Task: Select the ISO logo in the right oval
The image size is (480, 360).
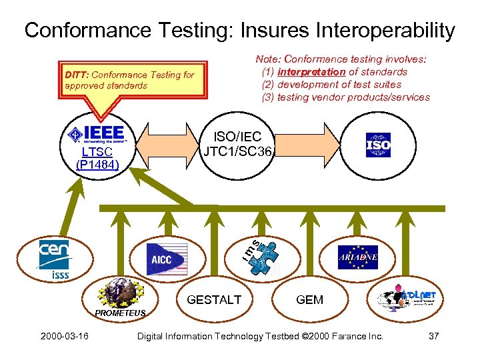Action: [378, 145]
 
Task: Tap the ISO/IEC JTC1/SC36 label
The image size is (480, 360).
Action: [238, 144]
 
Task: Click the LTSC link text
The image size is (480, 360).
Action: [97, 152]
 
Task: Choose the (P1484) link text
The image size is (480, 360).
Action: [97, 164]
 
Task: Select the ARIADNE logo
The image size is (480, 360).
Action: [358, 257]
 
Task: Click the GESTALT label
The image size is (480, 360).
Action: [214, 300]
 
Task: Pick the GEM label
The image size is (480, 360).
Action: [309, 300]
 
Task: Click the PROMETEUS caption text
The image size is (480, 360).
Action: [115, 313]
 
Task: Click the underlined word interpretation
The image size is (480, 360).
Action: [311, 72]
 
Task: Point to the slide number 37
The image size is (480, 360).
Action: [433, 336]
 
